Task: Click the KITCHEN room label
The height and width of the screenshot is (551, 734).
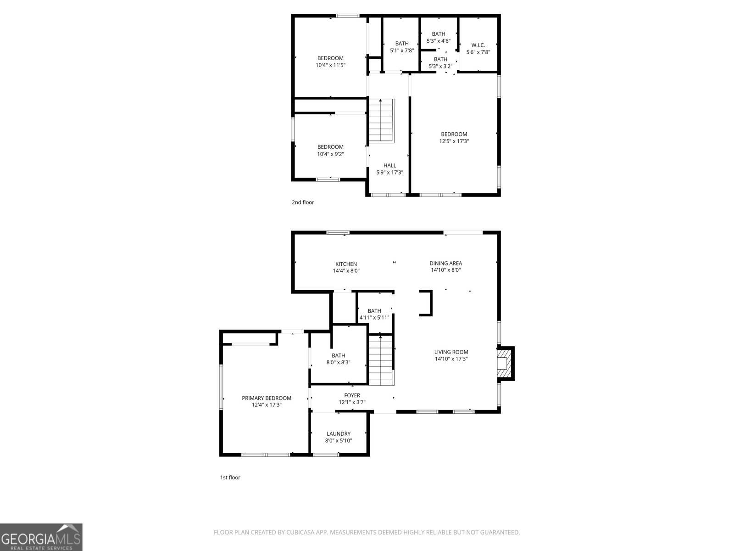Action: (346, 264)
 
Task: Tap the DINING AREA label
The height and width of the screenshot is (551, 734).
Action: (445, 263)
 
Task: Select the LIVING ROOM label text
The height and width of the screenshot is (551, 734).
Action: (451, 352)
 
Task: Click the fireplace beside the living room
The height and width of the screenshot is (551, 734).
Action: (505, 363)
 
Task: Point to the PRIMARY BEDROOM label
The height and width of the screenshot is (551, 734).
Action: (267, 398)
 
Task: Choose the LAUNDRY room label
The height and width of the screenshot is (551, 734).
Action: (339, 433)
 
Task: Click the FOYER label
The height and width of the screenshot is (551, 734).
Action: (352, 395)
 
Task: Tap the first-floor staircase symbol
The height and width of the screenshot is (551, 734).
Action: (381, 361)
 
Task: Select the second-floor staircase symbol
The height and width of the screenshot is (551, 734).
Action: (381, 121)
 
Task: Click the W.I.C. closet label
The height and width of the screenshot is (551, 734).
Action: (478, 45)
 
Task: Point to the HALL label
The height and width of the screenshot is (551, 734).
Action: (389, 165)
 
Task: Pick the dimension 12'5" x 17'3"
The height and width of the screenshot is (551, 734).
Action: (454, 141)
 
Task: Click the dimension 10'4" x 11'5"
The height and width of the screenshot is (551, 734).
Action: (330, 65)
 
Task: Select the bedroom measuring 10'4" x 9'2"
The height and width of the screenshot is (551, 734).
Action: (330, 147)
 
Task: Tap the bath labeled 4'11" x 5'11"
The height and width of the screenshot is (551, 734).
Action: (374, 311)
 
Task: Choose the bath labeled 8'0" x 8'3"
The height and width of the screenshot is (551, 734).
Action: (339, 355)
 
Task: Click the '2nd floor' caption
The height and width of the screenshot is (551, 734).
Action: (303, 202)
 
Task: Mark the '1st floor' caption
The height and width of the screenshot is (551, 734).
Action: (230, 478)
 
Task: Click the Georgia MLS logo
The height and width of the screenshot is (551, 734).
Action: (41, 537)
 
